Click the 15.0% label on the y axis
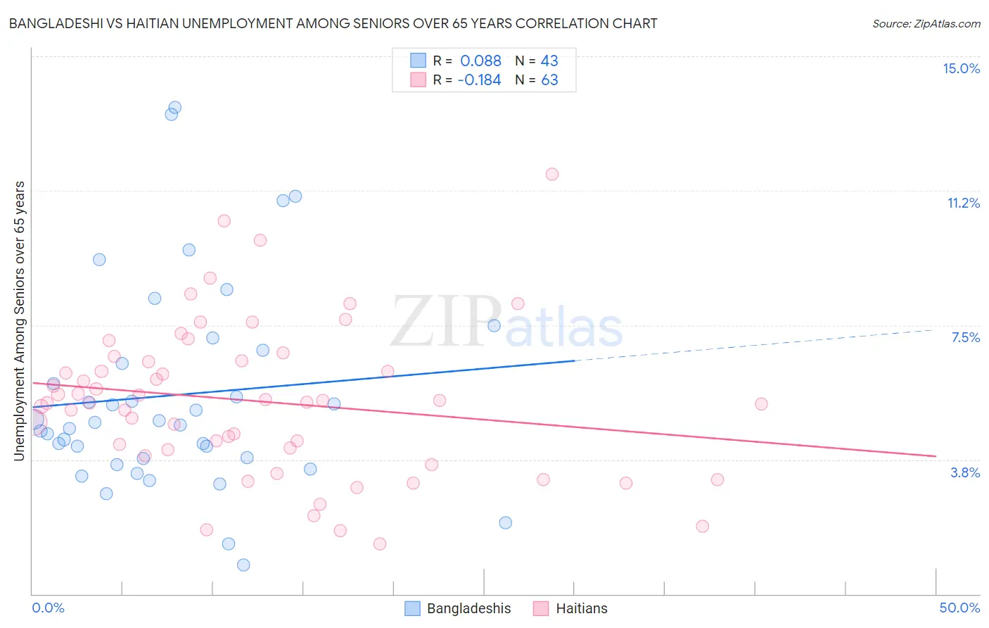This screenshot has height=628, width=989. coord(961,68)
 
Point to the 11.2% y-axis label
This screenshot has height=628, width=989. coord(963,203)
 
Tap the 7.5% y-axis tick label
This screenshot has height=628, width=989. coord(965,337)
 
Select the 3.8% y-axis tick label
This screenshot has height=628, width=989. coord(965,472)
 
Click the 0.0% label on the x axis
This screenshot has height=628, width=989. coord(48,608)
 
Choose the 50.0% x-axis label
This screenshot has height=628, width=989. coord(959,608)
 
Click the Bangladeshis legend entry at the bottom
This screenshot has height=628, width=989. coord(458,608)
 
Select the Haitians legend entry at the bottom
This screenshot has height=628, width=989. coord(570,608)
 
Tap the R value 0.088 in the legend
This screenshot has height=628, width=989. coord(480,61)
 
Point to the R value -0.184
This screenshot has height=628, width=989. coord(479,80)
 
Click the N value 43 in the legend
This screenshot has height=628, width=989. coord(549,61)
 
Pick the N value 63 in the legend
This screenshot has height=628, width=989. coord(549,80)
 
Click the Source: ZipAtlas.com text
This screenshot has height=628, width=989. coord(926,24)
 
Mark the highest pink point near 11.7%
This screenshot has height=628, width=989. coord(552,174)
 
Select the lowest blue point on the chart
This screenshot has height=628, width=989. coord(243,565)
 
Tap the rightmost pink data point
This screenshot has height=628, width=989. coord(761,403)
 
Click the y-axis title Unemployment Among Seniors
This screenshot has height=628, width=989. coord(19,321)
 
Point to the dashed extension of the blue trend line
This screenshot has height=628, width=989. coord(753,345)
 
